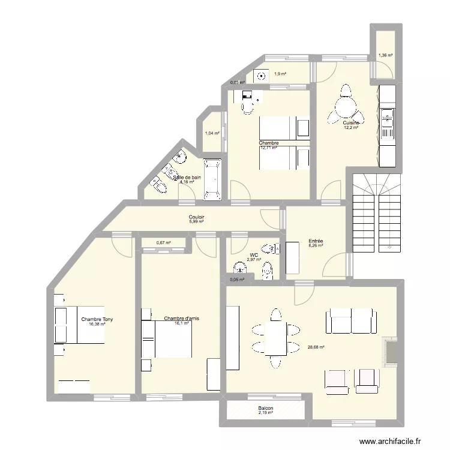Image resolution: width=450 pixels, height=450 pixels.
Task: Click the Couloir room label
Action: click(x=197, y=218)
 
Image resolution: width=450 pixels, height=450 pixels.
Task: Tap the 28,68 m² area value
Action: click(x=316, y=347)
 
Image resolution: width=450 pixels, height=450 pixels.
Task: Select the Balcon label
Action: click(x=265, y=407)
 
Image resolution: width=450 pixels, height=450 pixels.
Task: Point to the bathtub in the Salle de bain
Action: click(x=212, y=179)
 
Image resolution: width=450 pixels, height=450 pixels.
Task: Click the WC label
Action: click(x=254, y=255)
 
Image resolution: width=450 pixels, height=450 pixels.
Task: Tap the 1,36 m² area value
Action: click(x=385, y=55)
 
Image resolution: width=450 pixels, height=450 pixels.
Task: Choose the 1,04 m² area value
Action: click(x=212, y=134)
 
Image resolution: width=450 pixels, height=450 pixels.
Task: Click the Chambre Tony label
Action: click(x=97, y=319)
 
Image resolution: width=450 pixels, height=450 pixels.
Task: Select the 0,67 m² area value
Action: click(x=163, y=243)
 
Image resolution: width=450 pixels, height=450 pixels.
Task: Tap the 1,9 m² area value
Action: click(x=280, y=74)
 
